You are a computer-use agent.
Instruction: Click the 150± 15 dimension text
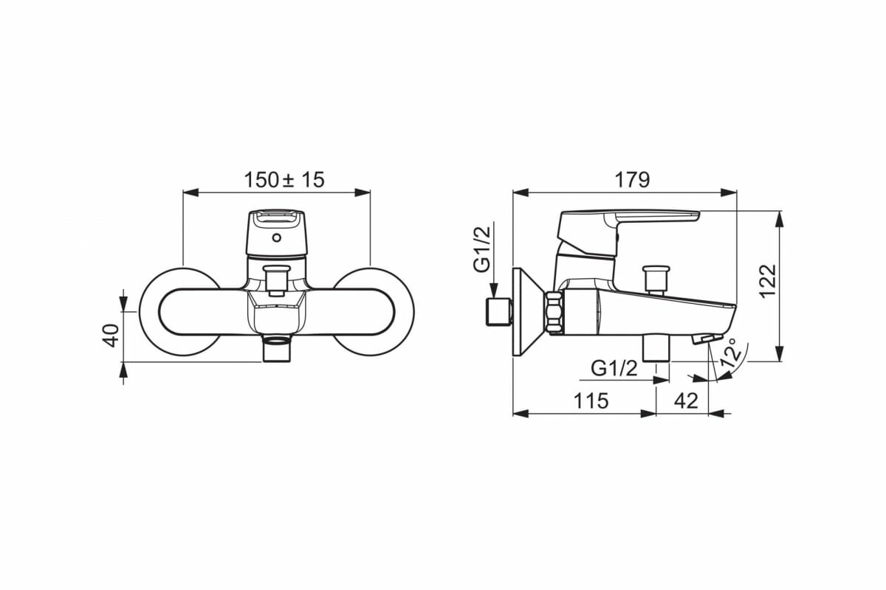pyautogui.click(x=284, y=180)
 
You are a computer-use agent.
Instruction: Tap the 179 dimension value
pyautogui.click(x=632, y=180)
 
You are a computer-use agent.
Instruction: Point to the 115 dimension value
pyautogui.click(x=591, y=401)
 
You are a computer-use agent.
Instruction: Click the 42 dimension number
pyautogui.click(x=685, y=401)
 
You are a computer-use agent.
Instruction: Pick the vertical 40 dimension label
pyautogui.click(x=111, y=336)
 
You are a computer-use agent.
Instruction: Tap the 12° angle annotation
pyautogui.click(x=729, y=353)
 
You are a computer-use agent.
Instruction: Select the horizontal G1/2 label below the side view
pyautogui.click(x=614, y=368)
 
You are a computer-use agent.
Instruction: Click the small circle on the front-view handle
pyautogui.click(x=277, y=238)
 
